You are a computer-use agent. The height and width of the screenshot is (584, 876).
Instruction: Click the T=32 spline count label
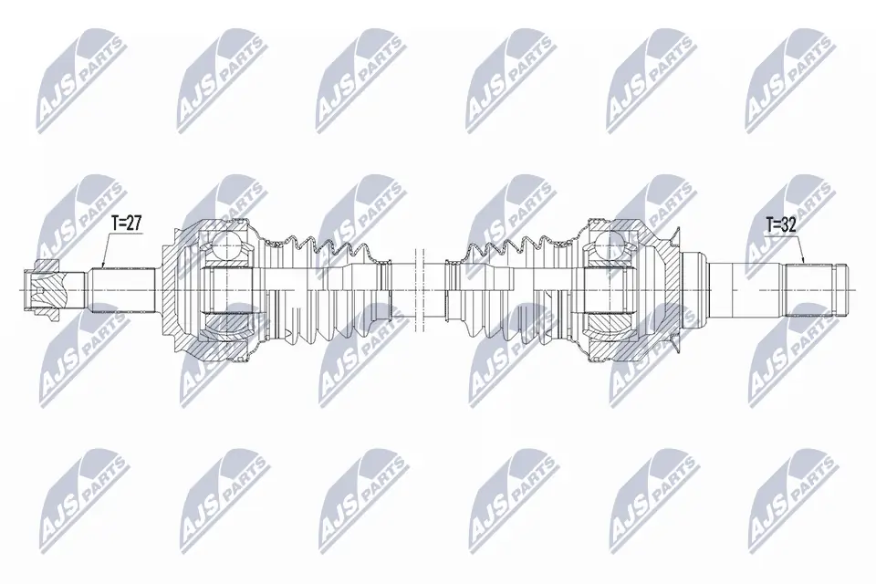coord(775,222)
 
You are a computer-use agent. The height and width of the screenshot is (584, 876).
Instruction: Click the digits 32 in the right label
coord(785,222)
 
